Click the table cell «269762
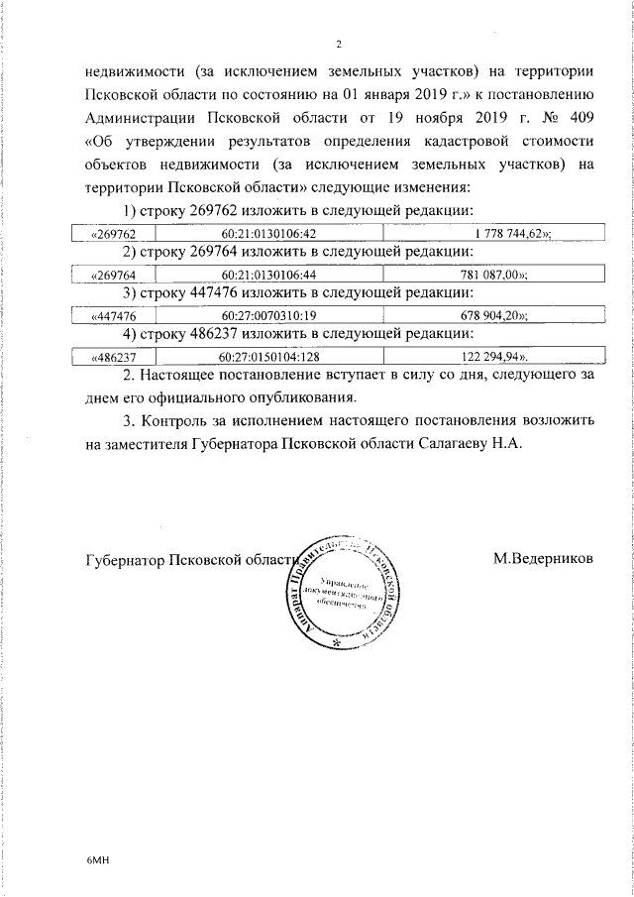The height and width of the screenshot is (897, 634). tap(112, 234)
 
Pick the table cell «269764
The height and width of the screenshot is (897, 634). tap(112, 275)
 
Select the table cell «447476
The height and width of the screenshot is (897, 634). tap(112, 314)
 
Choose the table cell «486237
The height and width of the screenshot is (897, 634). tap(112, 355)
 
